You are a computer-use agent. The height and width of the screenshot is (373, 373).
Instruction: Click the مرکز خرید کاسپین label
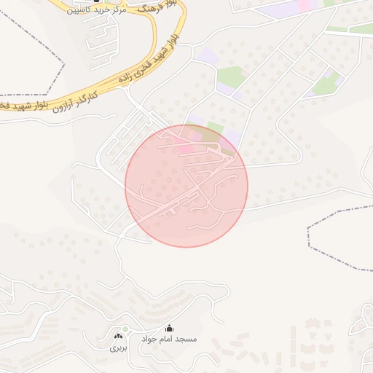coord(95,9)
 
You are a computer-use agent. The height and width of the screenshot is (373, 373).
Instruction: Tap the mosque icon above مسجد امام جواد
coord(170,328)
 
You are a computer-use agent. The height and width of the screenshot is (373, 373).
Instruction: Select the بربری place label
coord(118,348)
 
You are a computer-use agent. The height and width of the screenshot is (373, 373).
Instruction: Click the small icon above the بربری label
coord(118,336)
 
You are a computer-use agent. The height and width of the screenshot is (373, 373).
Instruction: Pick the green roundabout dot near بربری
coord(125,329)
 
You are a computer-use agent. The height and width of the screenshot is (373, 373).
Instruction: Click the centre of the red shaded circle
coord(186,186)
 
